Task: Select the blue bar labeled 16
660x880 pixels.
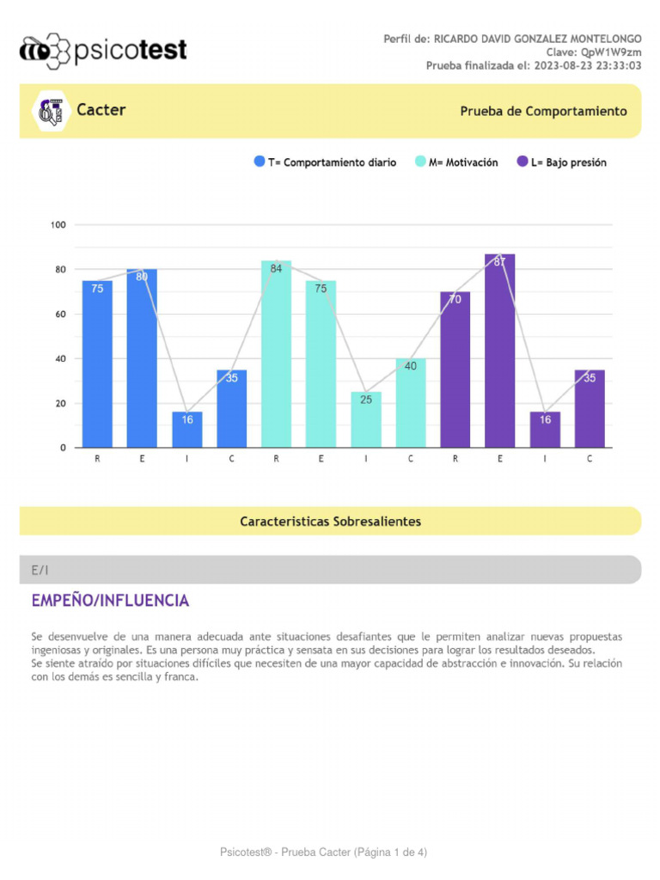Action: pos(186,430)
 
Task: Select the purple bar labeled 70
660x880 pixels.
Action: pos(455,370)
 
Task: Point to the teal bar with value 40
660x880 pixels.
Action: pos(410,403)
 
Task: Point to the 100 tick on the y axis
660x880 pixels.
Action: pos(58,225)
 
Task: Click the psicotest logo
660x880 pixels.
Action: pos(103,51)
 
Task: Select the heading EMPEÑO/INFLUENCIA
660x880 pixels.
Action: pos(110,601)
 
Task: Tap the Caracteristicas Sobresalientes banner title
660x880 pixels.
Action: pos(330,522)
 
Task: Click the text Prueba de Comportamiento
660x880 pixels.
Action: pos(543,112)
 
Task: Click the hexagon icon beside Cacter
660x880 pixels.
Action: pos(51,111)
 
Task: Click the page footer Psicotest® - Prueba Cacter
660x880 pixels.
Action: pos(323,852)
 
